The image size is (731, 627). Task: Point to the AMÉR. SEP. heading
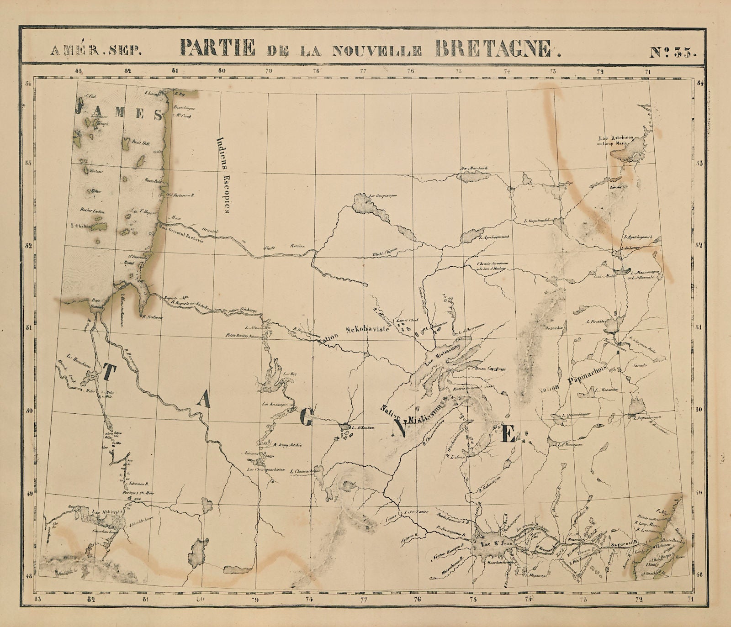point(95,51)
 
